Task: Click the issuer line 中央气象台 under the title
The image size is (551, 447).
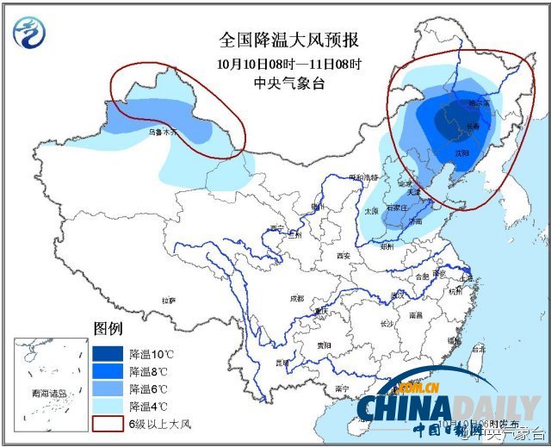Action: point(288,83)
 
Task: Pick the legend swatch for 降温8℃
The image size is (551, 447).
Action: point(108,372)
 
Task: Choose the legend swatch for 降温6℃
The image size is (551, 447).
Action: point(108,389)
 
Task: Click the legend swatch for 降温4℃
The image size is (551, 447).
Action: point(108,407)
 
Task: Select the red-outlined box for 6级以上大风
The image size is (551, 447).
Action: point(108,424)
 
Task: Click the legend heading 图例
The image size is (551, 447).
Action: point(108,329)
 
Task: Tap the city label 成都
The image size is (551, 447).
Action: point(296,298)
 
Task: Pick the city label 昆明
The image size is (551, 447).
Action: point(282,363)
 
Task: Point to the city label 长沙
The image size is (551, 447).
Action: point(387,324)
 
